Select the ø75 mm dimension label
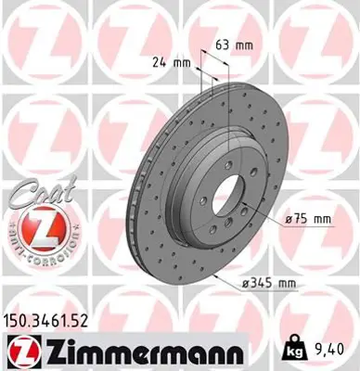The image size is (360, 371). [308, 218]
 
